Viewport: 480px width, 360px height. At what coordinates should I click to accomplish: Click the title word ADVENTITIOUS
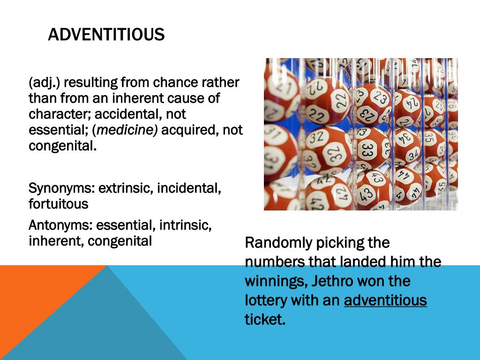coord(106,34)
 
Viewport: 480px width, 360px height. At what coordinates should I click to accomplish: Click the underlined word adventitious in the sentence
coord(385,300)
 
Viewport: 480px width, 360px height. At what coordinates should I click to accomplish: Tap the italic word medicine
coord(127,130)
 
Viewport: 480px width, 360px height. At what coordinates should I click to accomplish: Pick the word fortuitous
coord(58,204)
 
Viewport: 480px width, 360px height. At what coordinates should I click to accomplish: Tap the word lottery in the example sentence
coord(266,300)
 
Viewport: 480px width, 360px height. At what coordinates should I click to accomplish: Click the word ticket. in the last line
coord(265,319)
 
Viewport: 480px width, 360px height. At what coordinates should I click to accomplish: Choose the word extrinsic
coord(126,188)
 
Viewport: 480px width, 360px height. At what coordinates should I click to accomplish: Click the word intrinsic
coord(185,225)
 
